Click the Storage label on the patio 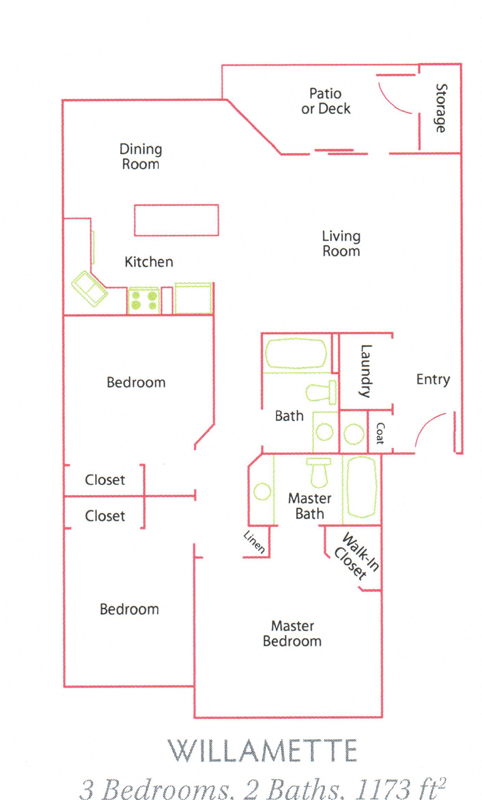[x=441, y=108]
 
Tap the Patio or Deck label [x=326, y=101]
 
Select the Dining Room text [x=141, y=157]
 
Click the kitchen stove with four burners [x=144, y=301]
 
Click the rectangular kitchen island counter [x=176, y=221]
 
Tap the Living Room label [x=341, y=244]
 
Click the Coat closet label [x=380, y=433]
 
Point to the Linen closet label [x=254, y=542]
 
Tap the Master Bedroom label [x=292, y=634]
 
